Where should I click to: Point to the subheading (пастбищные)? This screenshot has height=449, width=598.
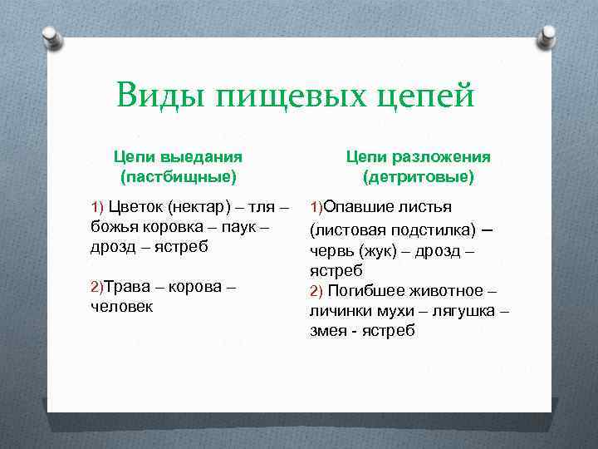point(178,176)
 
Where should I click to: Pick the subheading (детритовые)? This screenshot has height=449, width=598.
point(419,176)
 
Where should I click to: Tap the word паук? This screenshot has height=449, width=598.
point(249,226)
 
